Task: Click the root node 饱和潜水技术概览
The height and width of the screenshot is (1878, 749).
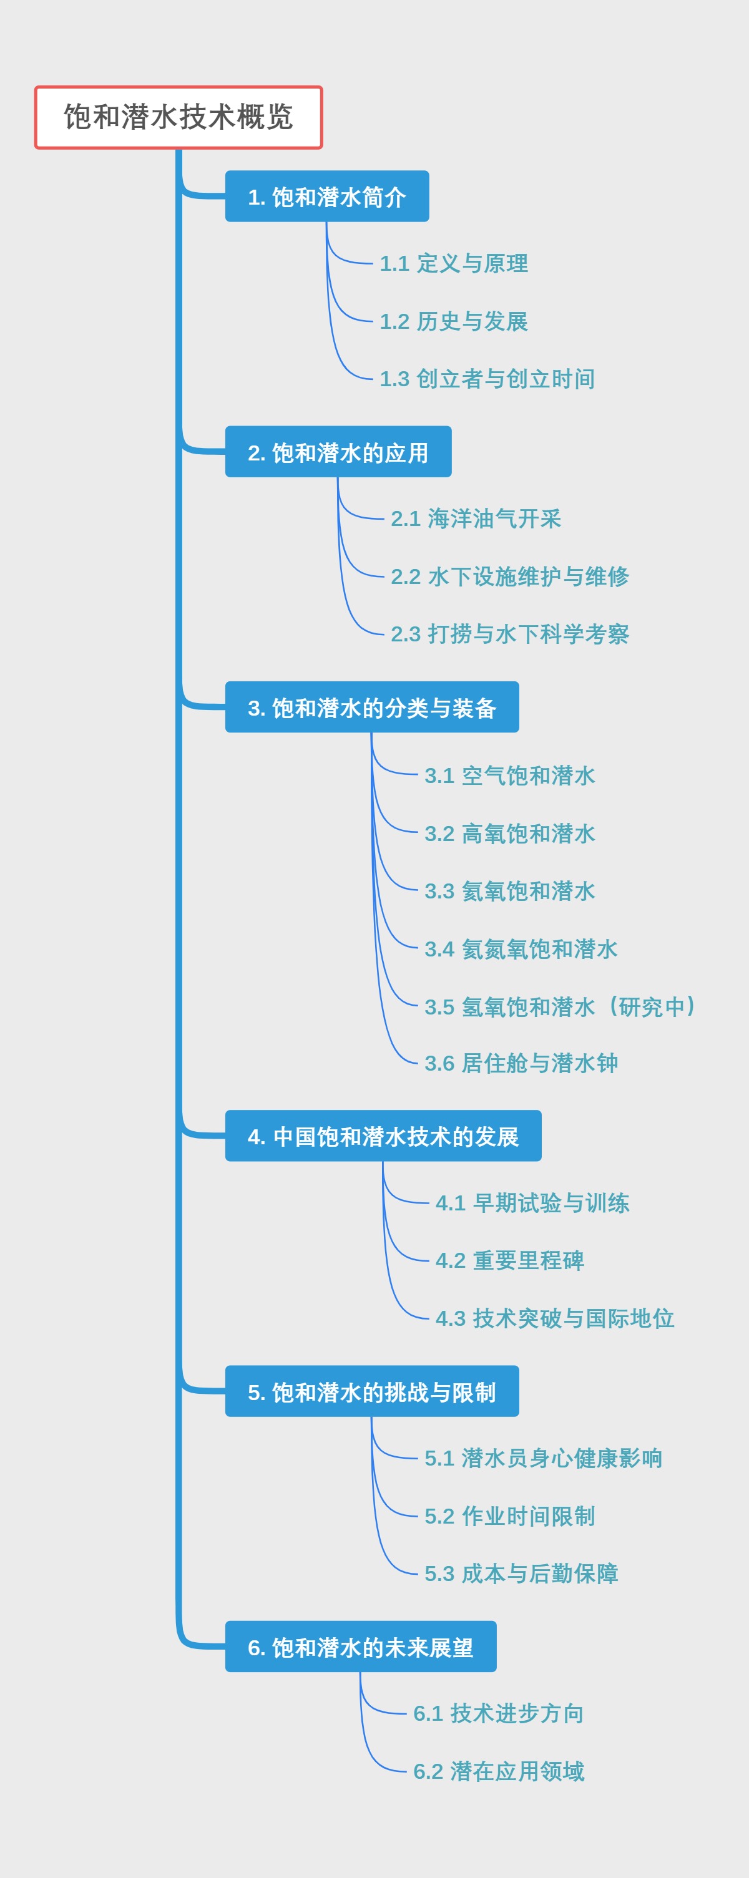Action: [x=178, y=117]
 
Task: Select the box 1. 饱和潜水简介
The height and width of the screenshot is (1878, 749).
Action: [x=326, y=196]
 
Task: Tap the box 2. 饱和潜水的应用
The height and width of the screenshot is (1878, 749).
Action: [x=338, y=452]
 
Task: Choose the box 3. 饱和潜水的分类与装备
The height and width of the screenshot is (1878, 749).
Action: [x=372, y=707]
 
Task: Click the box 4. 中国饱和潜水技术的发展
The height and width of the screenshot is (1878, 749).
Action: [x=383, y=1136]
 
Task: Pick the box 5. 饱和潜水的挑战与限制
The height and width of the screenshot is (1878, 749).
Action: [x=372, y=1391]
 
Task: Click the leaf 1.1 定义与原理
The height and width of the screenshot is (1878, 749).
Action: [x=454, y=263]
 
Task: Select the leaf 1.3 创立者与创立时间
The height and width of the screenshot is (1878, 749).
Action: [x=487, y=378]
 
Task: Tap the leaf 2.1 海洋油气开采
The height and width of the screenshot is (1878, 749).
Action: [x=476, y=518]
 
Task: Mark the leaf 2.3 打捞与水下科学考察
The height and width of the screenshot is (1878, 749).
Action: [x=510, y=633]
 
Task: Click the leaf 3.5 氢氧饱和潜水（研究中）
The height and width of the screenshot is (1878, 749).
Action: [x=559, y=1006]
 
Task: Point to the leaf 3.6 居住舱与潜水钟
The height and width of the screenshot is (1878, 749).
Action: [x=521, y=1063]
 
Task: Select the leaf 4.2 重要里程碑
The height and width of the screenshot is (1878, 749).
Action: [x=510, y=1260]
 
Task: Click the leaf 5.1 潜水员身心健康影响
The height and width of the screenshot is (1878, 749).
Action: [x=543, y=1457]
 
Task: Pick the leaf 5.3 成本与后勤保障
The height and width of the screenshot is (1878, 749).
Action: [x=521, y=1574]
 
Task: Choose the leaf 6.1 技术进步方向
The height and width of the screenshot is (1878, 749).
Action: [x=498, y=1713]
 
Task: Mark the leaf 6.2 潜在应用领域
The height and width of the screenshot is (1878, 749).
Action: [x=498, y=1771]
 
